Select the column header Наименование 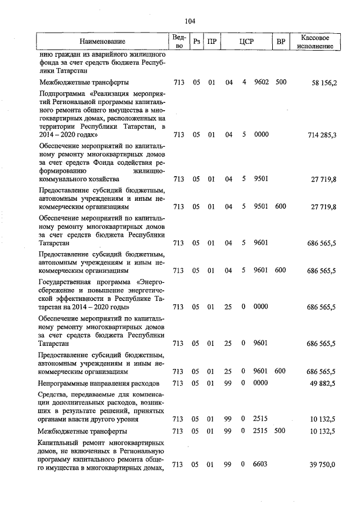click(102, 42)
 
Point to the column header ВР click(281, 42)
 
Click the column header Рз click(196, 42)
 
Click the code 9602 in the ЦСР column click(261, 82)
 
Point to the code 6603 click(261, 465)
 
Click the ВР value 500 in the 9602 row click(281, 82)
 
